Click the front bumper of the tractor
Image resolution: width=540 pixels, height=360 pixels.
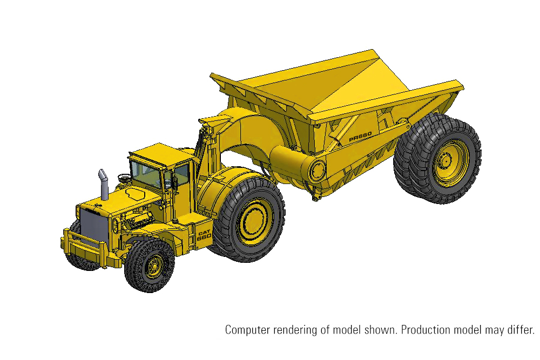click(86, 248)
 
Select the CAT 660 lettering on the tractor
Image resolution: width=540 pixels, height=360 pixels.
click(204, 235)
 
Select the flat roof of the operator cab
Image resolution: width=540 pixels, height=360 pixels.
click(161, 154)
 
